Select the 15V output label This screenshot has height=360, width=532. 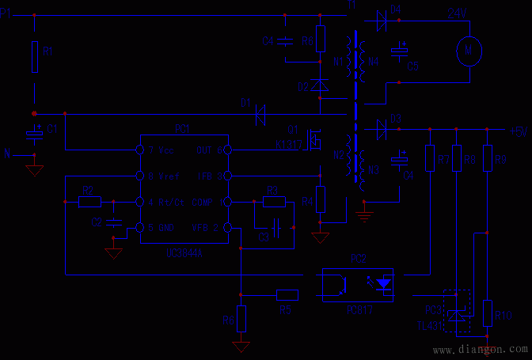click(x=519, y=131)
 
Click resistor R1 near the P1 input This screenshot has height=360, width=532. click(x=34, y=56)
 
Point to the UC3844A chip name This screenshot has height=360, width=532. click(x=184, y=254)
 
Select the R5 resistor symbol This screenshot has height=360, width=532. click(x=287, y=295)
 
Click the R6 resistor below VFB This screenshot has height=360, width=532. click(x=241, y=319)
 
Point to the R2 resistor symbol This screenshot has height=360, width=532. click(x=89, y=202)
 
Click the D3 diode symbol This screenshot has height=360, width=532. click(x=382, y=129)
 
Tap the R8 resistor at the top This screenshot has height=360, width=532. click(x=321, y=40)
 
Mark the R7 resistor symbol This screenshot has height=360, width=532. click(x=430, y=158)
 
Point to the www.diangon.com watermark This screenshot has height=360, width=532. click(x=480, y=349)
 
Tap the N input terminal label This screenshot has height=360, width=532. click(x=7, y=155)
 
